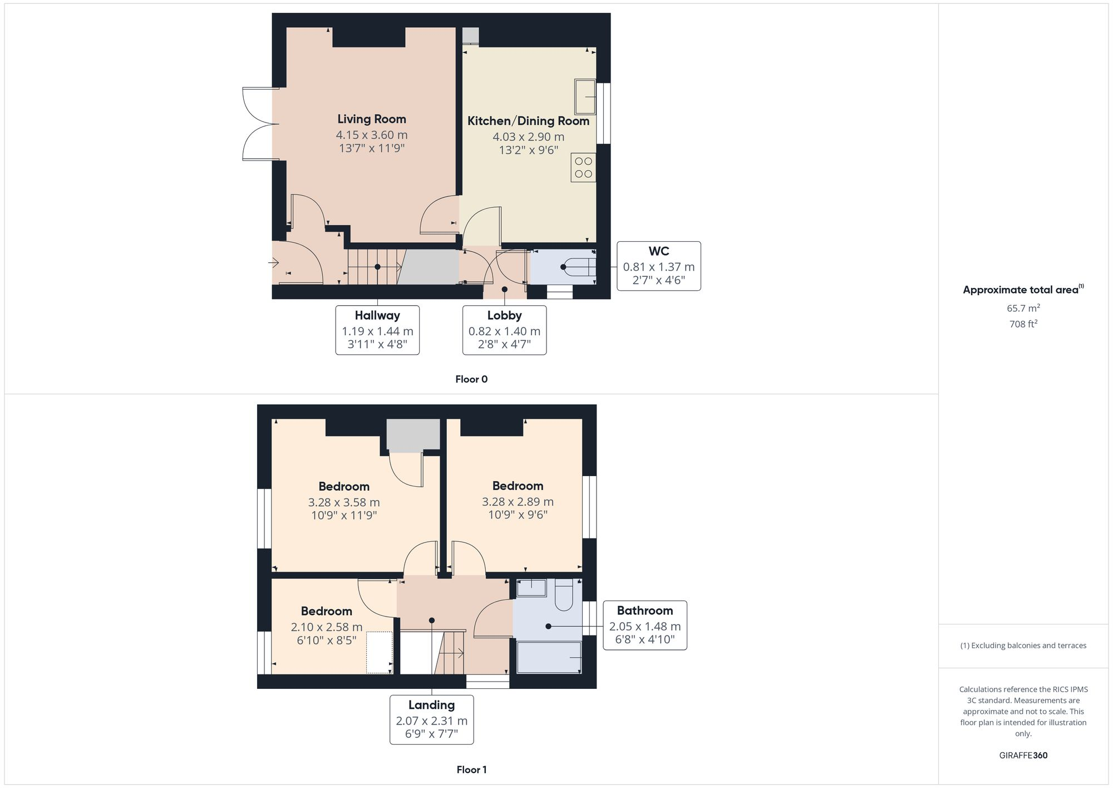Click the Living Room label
point(371,119)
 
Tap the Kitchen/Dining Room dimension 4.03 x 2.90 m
point(528,137)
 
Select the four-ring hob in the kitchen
point(583,168)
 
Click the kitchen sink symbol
point(585,97)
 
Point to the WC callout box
point(658,266)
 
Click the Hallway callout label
point(377,316)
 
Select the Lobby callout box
point(504,330)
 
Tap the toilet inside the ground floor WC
point(579,267)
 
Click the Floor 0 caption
point(471,379)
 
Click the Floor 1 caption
point(471,770)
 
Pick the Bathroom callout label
point(644,611)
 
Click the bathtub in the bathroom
point(549,658)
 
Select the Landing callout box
point(431,719)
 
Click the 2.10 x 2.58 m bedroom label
point(327,627)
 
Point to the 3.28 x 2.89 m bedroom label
point(518,501)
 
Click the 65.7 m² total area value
point(1023,308)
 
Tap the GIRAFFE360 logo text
point(1023,756)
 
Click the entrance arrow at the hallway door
point(273,262)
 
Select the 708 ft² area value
point(1023,324)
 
